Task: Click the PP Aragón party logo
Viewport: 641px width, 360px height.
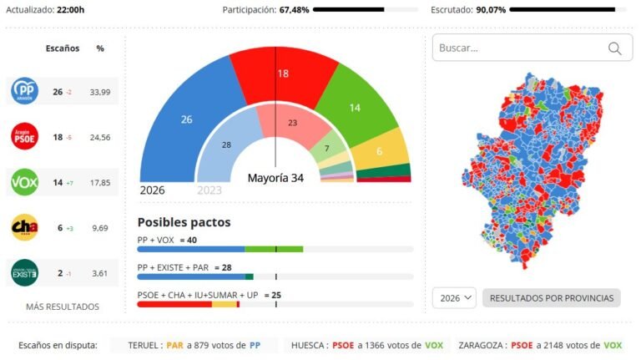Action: [x=23, y=91]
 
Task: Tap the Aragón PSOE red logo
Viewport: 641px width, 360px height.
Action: [x=23, y=136]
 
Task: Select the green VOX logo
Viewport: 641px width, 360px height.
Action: [x=23, y=182]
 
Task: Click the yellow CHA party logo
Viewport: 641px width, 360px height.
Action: [x=23, y=227]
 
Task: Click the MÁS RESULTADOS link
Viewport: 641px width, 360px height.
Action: [x=63, y=307]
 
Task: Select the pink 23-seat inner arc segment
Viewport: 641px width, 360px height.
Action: [x=291, y=124]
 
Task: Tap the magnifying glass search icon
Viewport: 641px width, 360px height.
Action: [x=615, y=48]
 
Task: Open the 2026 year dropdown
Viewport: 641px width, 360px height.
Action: [x=455, y=298]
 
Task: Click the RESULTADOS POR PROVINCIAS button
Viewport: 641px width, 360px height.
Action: [x=552, y=298]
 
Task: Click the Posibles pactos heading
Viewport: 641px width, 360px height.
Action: [x=184, y=222]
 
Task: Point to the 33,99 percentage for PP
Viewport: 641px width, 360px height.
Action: [x=100, y=91]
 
